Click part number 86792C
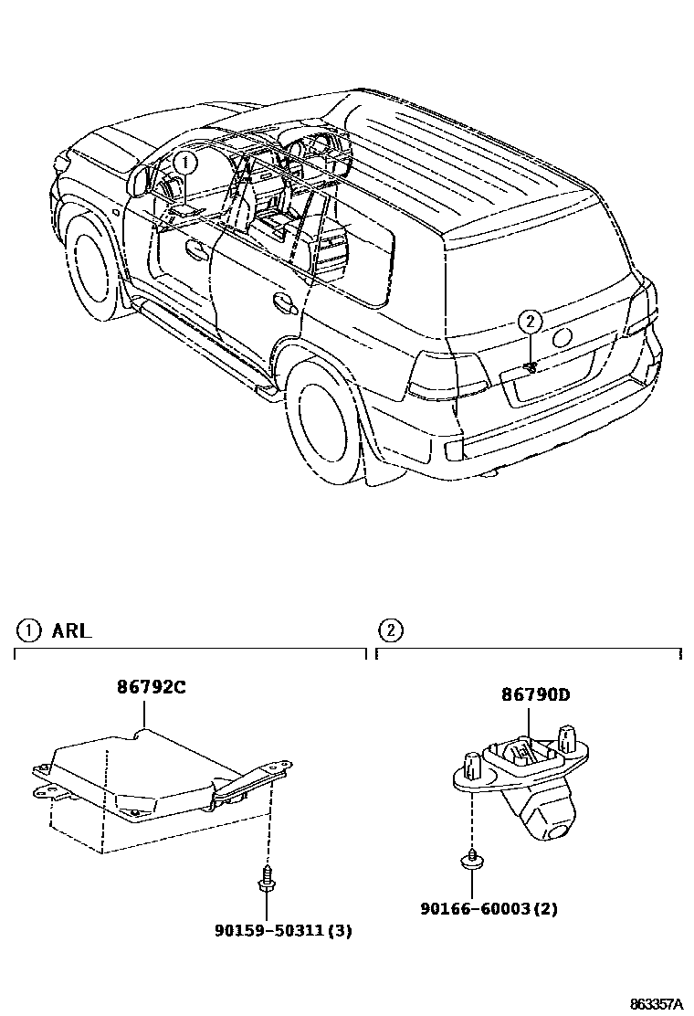coord(151,688)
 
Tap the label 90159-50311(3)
coord(283,931)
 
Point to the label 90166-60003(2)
coord(489,908)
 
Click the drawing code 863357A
coord(656,1003)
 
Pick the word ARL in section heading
coord(71,630)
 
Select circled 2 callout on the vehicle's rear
coord(531,321)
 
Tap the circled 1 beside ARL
coord(29,630)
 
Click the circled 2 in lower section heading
coord(391,630)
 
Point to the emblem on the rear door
coord(563,337)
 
